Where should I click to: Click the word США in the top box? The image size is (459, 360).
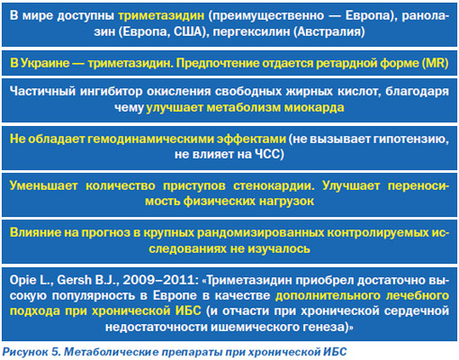[187, 31]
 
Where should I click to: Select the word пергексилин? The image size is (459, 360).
[251, 31]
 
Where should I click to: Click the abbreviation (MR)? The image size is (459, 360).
[435, 63]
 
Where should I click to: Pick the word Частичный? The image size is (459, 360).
[42, 91]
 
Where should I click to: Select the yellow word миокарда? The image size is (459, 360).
[314, 107]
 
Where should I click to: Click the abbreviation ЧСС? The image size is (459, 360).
[267, 154]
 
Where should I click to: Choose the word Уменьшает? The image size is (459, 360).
[43, 185]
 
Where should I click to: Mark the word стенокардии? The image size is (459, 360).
[274, 185]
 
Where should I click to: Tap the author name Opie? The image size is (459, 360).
[22, 280]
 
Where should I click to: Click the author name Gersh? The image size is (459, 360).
[74, 280]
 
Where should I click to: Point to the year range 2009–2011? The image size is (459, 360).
[159, 280]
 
